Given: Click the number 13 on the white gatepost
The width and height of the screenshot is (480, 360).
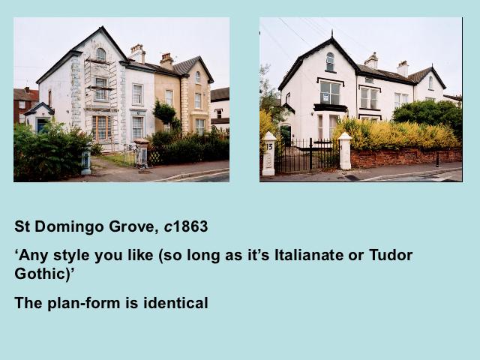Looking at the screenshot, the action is [x=269, y=146].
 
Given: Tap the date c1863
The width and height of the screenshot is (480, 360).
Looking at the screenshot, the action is [x=186, y=226].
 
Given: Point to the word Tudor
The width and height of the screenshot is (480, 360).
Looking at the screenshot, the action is [x=391, y=255].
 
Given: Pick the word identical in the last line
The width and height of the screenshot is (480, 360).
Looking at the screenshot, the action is [x=175, y=303].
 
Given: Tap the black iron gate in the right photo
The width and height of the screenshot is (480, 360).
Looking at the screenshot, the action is [x=307, y=156].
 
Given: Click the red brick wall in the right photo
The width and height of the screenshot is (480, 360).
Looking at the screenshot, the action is [x=406, y=157].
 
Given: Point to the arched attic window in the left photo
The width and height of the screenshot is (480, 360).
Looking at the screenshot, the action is [x=100, y=54].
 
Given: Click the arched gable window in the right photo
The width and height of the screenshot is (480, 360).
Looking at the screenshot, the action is [x=330, y=61].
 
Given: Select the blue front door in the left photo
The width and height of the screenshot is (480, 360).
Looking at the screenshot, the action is [x=40, y=125].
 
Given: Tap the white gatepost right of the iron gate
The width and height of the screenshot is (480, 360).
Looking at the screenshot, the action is [x=345, y=151].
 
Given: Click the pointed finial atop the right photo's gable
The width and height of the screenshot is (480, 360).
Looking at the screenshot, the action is [x=331, y=33].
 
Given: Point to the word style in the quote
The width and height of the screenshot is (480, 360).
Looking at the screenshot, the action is [x=72, y=256].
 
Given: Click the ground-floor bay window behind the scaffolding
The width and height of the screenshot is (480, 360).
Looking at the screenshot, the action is [x=101, y=127].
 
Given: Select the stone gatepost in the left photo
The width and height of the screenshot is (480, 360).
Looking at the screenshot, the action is [x=142, y=152].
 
